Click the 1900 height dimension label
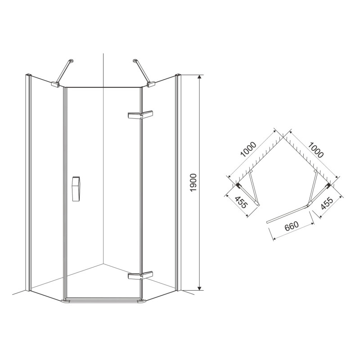[194, 183]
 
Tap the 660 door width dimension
[292, 226]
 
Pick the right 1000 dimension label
[316, 150]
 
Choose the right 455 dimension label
[327, 203]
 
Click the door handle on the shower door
[76, 189]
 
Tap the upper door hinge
[140, 115]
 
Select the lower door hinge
[140, 275]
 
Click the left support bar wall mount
[72, 61]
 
